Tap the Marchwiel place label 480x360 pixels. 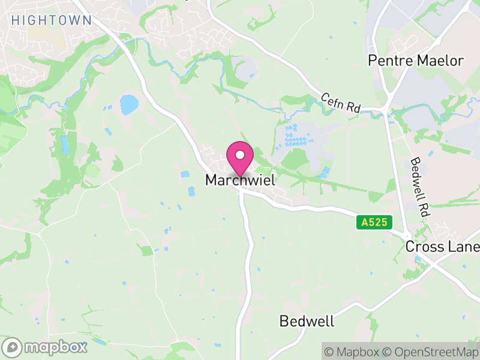[x=241, y=180]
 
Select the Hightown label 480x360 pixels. [x=52, y=20]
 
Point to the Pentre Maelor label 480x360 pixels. [x=416, y=61]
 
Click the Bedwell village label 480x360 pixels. [x=307, y=321]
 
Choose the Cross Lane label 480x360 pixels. [x=442, y=247]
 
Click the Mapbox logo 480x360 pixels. [x=45, y=347]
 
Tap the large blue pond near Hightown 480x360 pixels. [x=128, y=105]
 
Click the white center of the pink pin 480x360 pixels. [x=240, y=155]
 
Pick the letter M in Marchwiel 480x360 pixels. [x=211, y=180]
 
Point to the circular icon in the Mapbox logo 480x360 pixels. [x=12, y=347]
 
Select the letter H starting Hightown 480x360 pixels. [x=14, y=20]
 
